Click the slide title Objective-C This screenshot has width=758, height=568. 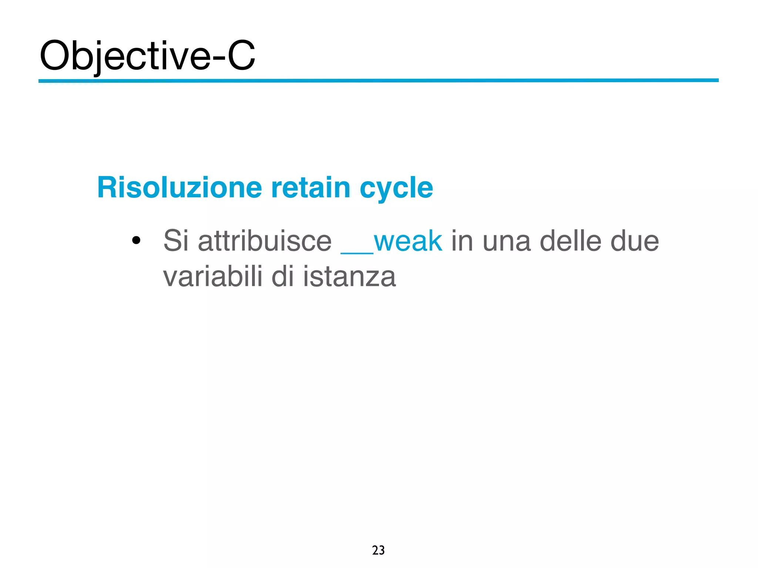[x=147, y=56]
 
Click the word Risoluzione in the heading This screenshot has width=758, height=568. [x=180, y=187]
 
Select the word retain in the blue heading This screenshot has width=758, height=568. [x=311, y=187]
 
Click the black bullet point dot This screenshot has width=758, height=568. [x=136, y=241]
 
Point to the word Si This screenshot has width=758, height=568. [x=176, y=241]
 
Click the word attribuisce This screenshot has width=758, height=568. [x=265, y=241]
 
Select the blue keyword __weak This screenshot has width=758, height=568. [x=392, y=241]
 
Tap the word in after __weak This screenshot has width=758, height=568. [x=462, y=241]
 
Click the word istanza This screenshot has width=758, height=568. [x=349, y=277]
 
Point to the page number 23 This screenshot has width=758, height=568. [x=378, y=550]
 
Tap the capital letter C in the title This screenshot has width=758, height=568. [x=241, y=56]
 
